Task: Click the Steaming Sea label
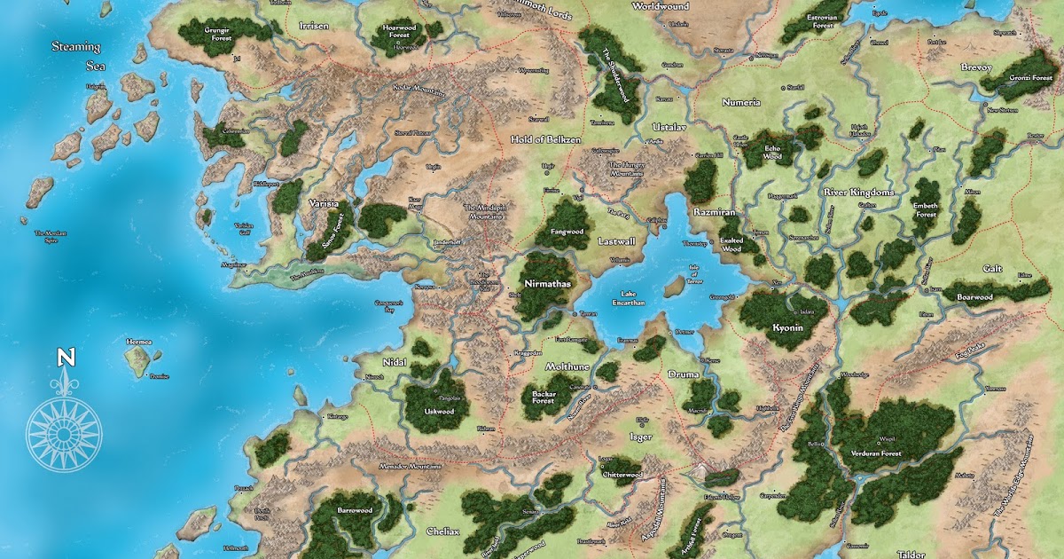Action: (76, 56)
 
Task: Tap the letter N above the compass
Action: (65, 358)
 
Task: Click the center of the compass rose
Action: (64, 433)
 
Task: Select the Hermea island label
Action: (139, 341)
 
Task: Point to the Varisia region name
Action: (324, 203)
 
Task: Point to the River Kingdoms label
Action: (858, 192)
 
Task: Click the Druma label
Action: (684, 374)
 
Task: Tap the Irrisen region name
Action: (312, 27)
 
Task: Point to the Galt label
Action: (991, 269)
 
